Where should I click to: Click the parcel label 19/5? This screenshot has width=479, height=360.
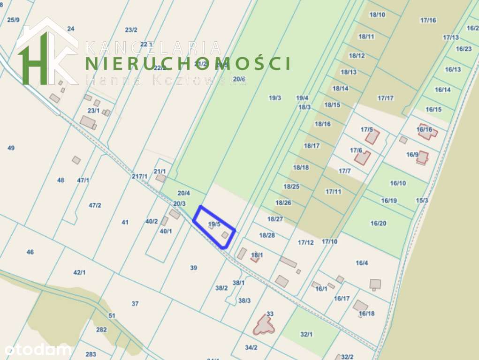[214, 225]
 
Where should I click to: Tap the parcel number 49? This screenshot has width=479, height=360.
[11, 148]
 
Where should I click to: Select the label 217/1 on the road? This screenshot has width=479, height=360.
[140, 176]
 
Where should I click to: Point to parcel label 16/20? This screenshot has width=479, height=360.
[378, 223]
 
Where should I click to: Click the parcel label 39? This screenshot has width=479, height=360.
[194, 268]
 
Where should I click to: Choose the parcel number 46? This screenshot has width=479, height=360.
[30, 252]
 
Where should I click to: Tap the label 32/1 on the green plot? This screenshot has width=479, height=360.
[306, 334]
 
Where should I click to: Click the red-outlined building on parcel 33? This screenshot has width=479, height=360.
[263, 324]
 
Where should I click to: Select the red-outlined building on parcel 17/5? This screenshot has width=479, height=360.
[373, 136]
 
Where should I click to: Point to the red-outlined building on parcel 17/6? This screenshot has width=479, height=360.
[362, 157]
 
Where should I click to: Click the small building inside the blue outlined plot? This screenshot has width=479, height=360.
[225, 234]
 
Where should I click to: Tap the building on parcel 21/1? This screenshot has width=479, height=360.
[160, 178]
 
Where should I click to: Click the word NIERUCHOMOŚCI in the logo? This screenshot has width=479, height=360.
[187, 63]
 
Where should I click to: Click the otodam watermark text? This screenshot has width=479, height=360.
[38, 349]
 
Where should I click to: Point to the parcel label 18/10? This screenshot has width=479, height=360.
[377, 15]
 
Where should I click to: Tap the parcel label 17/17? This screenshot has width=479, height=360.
[386, 98]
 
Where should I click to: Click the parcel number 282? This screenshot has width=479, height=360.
[101, 330]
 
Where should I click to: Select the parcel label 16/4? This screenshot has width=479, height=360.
[362, 263]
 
